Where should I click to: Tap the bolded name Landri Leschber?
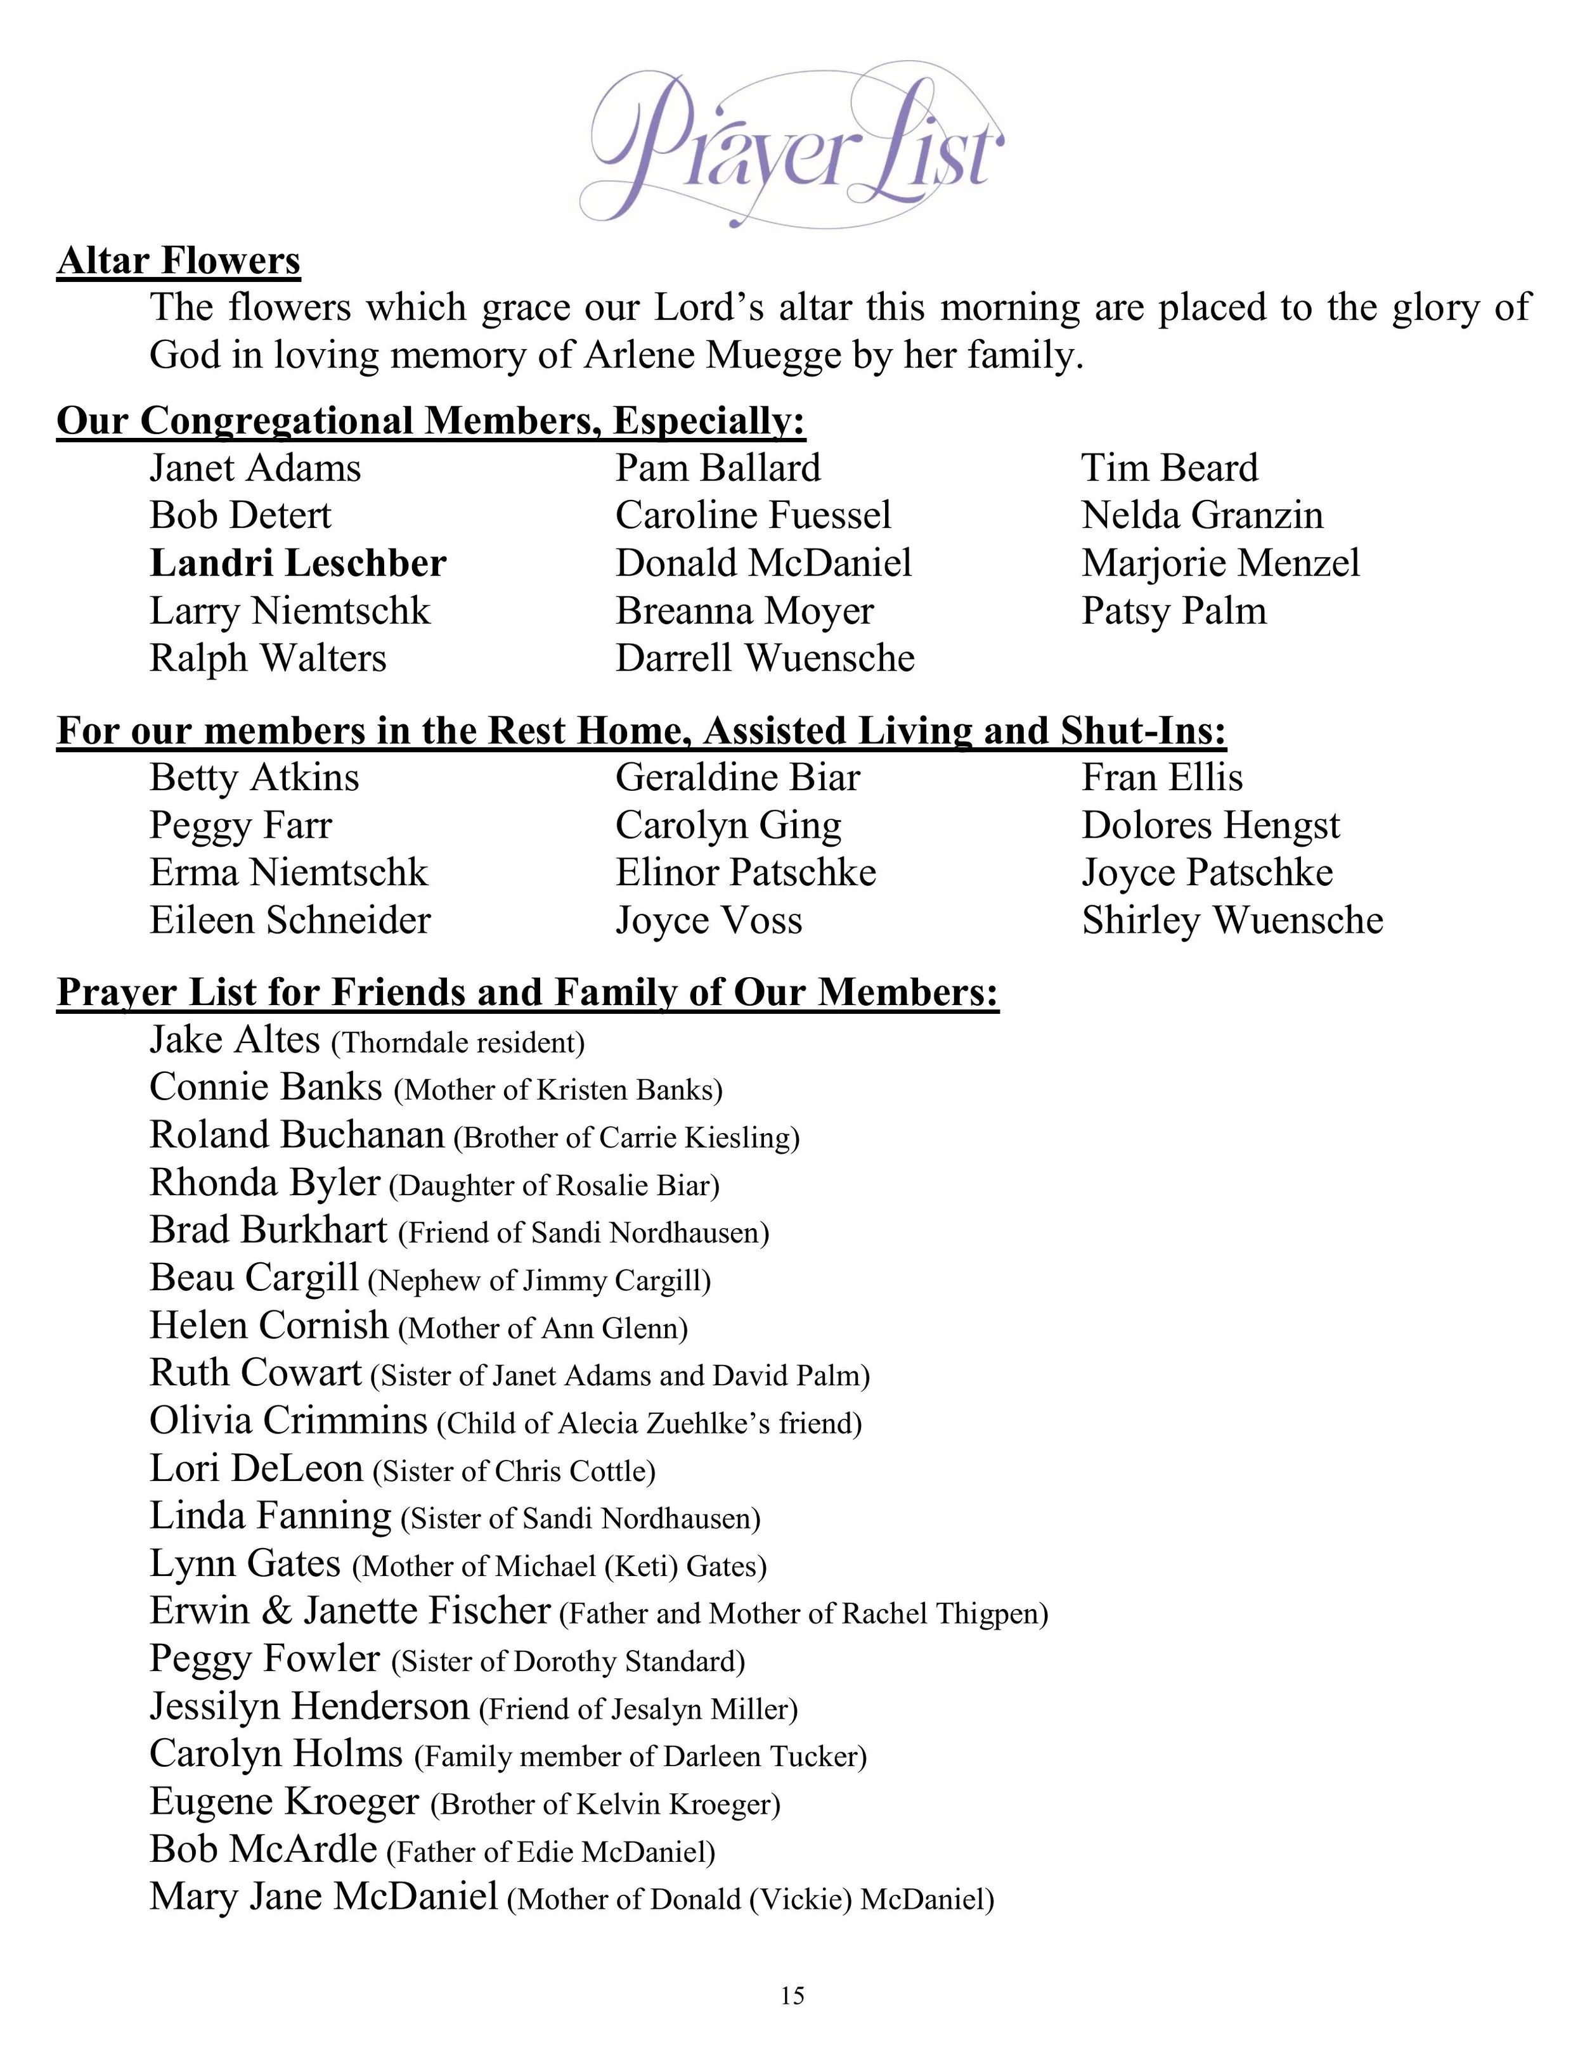tap(297, 563)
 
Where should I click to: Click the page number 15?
tap(792, 1996)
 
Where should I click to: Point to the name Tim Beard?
tap(1169, 468)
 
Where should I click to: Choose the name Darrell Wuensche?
tap(765, 658)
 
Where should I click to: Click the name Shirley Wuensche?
tap(1232, 920)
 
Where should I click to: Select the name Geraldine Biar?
tap(737, 777)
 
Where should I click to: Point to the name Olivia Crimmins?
tap(288, 1421)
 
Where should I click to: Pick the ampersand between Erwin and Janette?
tap(277, 1611)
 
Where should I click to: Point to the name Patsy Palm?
tap(1174, 611)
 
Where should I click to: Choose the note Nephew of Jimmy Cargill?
tap(539, 1280)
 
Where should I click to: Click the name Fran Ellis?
tap(1161, 777)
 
